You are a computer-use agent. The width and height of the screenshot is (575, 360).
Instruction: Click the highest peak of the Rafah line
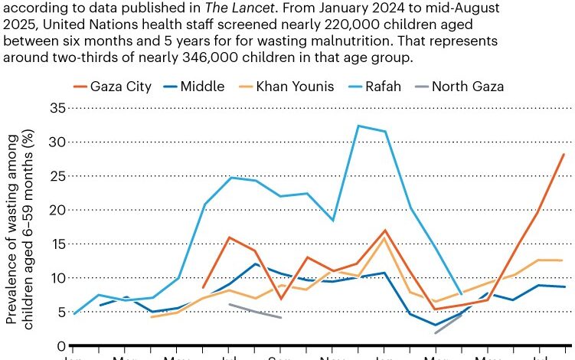[358, 126]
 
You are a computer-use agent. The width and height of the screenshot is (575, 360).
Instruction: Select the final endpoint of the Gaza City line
[564, 154]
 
